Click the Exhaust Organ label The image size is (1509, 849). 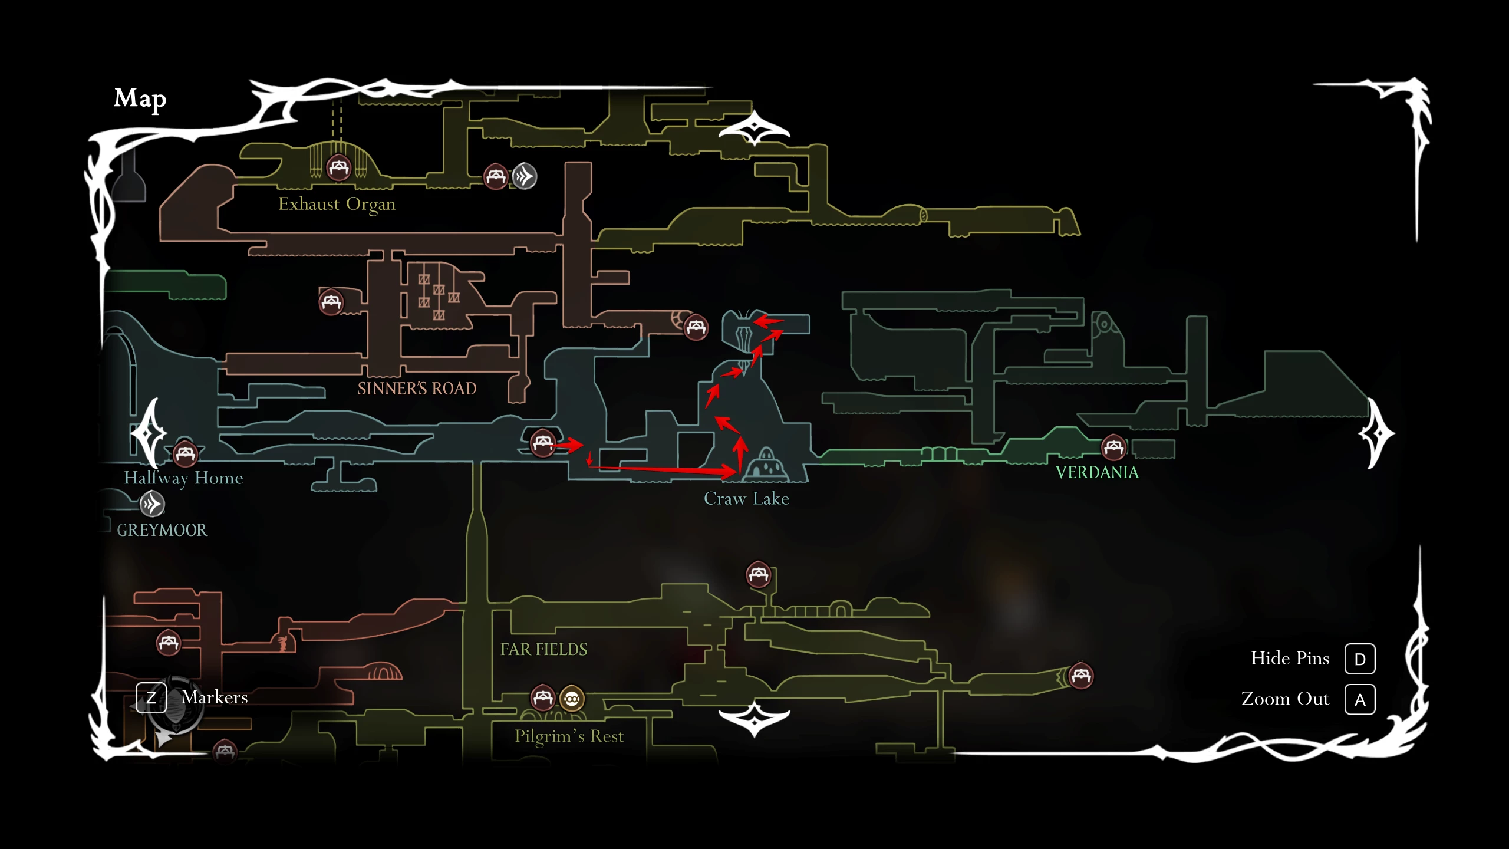pos(337,204)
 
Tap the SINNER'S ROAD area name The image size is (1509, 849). pos(417,389)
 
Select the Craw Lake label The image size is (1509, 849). pos(746,499)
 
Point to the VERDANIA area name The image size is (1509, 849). pos(1097,472)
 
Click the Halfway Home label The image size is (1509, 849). pos(183,478)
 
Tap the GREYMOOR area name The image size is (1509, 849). pos(162,530)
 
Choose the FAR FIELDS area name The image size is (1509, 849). pos(543,649)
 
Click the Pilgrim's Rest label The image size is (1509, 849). pos(569,736)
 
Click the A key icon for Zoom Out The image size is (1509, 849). pos(1360,699)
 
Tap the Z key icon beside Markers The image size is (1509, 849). pos(151,697)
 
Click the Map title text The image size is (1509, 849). pos(140,98)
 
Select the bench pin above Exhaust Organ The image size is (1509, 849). pos(338,168)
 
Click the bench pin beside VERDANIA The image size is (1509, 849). pos(1113,447)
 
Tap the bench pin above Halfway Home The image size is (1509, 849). pos(185,453)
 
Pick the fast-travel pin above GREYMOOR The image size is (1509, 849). pos(152,504)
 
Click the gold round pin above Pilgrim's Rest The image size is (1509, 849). pos(572,699)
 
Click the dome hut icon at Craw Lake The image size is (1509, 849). pos(765,464)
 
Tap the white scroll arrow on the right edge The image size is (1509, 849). pos(1377,434)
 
